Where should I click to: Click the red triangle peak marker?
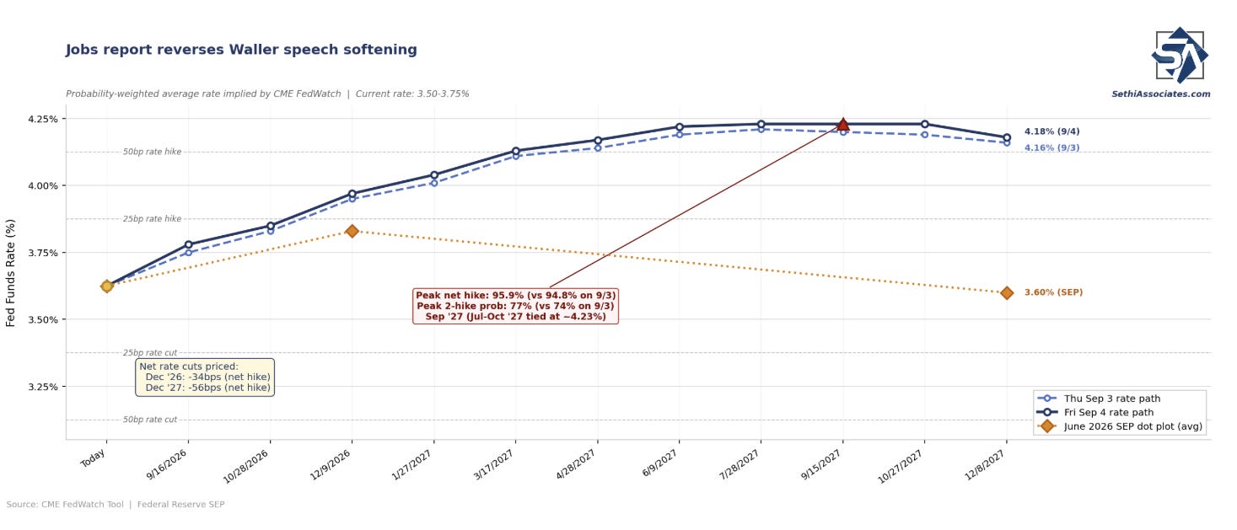842,124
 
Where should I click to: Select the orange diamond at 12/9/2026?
352,231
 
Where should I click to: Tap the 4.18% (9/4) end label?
1052,131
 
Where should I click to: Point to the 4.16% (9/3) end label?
1052,148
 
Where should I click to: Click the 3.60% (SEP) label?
1054,292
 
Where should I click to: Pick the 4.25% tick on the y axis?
43,119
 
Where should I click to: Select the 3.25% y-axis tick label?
43,387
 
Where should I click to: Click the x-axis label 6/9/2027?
659,464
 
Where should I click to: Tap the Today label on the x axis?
93,458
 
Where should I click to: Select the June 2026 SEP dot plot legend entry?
1121,426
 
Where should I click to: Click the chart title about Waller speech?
241,50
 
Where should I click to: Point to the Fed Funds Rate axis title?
10,273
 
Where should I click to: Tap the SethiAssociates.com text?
1161,94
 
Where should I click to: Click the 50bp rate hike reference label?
152,152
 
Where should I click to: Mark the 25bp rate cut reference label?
149,353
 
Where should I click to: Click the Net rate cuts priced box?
205,377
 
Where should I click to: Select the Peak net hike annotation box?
516,306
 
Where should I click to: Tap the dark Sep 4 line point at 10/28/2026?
271,226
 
